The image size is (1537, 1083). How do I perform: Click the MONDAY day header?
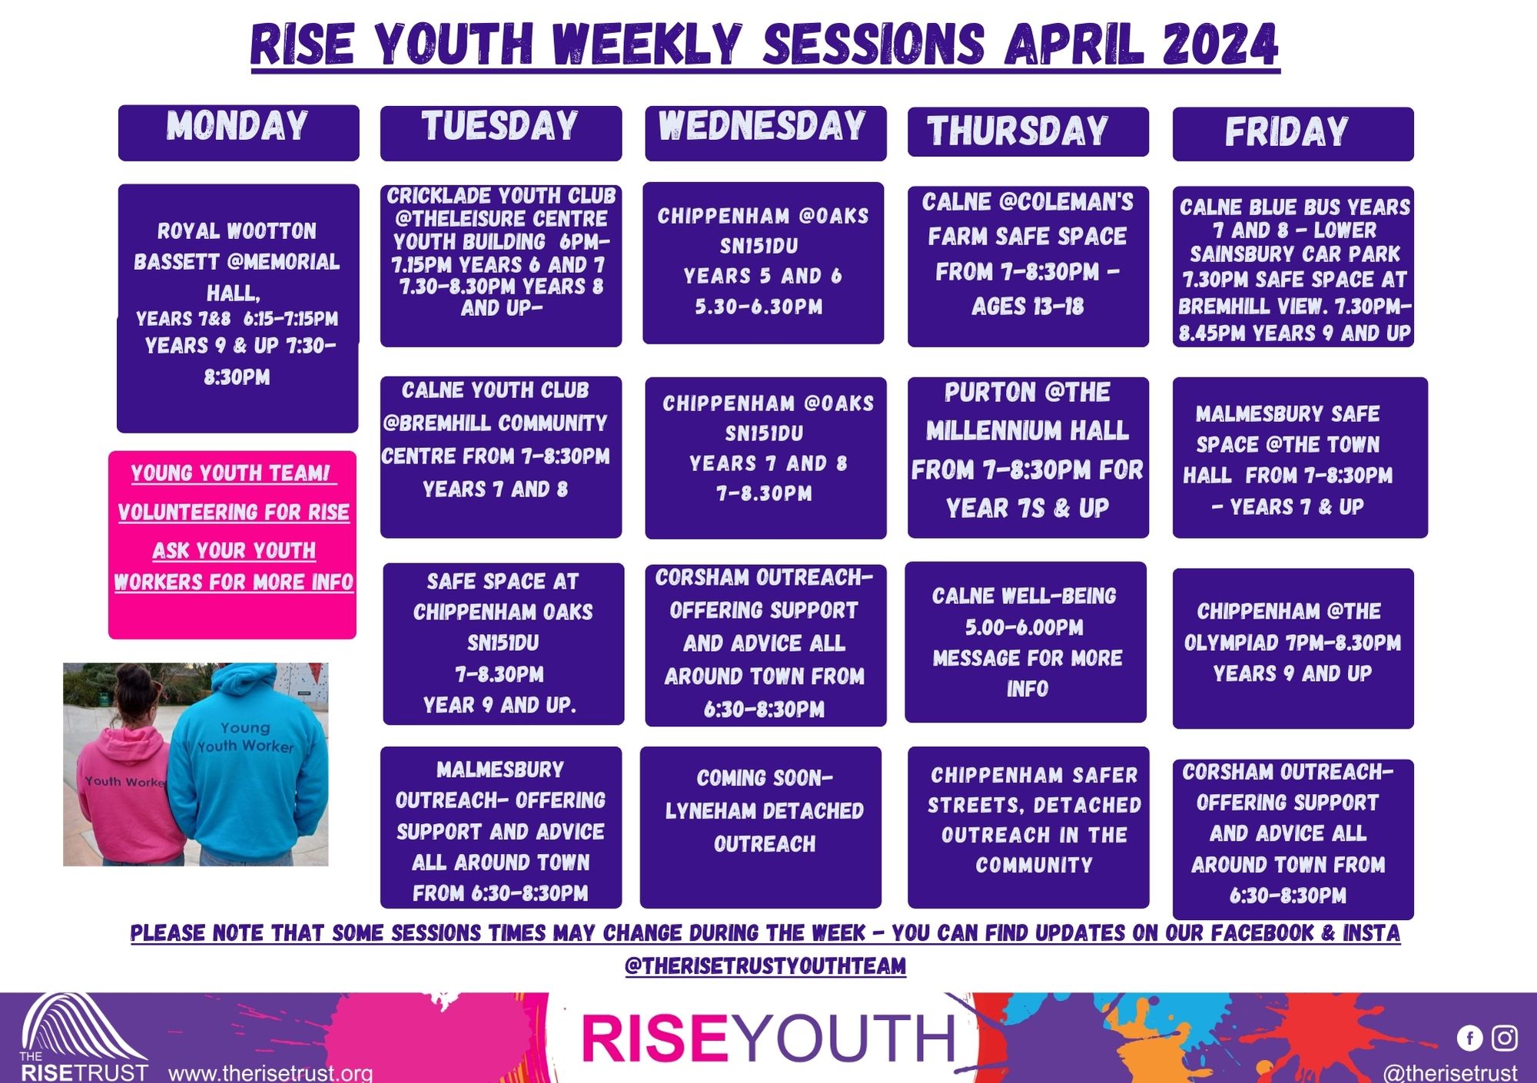click(x=238, y=133)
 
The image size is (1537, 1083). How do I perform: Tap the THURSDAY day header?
click(x=1028, y=132)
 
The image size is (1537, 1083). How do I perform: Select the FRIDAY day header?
click(x=1293, y=134)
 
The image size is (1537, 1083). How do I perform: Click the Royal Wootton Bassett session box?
click(x=237, y=308)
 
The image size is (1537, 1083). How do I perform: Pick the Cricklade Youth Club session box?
click(x=501, y=265)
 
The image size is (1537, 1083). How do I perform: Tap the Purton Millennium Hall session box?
click(x=1028, y=457)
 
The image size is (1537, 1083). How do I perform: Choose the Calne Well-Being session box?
click(x=1026, y=642)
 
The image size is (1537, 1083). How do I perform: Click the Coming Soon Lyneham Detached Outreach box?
click(x=761, y=827)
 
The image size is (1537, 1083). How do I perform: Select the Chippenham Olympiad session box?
click(x=1293, y=648)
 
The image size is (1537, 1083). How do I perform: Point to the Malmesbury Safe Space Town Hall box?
click(x=1300, y=457)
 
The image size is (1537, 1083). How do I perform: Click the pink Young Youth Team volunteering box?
click(x=232, y=545)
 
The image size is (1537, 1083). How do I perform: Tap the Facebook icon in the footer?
click(x=1469, y=1038)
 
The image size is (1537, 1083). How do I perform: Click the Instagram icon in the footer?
click(x=1505, y=1038)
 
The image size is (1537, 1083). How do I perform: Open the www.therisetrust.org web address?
click(x=271, y=1073)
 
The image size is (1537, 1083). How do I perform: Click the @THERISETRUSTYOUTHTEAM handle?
click(x=765, y=965)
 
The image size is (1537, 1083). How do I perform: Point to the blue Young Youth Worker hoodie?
click(x=247, y=769)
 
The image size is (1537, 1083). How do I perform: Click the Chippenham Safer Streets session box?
click(x=1028, y=827)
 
